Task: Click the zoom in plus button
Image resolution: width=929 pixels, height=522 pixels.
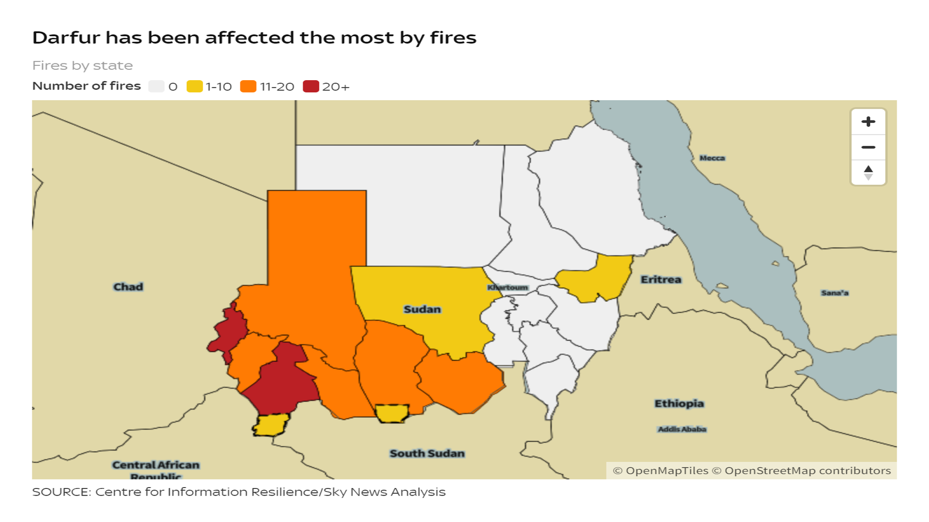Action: pos(868,122)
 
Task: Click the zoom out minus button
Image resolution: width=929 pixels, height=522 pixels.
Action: pos(868,147)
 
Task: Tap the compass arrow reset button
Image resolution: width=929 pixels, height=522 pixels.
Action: pos(868,173)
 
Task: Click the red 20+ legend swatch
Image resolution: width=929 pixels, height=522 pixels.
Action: pos(311,86)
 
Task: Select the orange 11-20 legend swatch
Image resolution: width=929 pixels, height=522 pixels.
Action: pos(248,86)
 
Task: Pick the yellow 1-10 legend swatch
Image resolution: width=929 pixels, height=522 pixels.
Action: pos(195,86)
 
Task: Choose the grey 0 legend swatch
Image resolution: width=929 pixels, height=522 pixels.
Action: pos(156,86)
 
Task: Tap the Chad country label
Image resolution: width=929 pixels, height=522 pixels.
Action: pos(128,287)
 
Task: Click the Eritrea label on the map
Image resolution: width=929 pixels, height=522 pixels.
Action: pos(660,280)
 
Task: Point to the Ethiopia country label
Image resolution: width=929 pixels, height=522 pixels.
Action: pos(679,403)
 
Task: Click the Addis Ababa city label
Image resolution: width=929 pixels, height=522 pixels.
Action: pos(682,429)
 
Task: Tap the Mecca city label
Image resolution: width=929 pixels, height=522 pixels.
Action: pos(712,158)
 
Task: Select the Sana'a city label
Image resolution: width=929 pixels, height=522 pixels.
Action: pos(834,293)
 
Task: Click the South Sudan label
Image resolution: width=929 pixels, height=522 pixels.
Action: pos(427,453)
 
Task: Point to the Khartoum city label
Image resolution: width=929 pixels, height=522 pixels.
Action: pos(508,288)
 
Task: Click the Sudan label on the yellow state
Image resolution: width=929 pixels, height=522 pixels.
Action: pos(422,309)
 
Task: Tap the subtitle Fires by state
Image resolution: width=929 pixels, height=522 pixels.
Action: pos(83,66)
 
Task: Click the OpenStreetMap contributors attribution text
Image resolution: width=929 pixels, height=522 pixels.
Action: pos(807,471)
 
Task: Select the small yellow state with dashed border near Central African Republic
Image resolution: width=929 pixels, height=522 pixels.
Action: pos(271,425)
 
